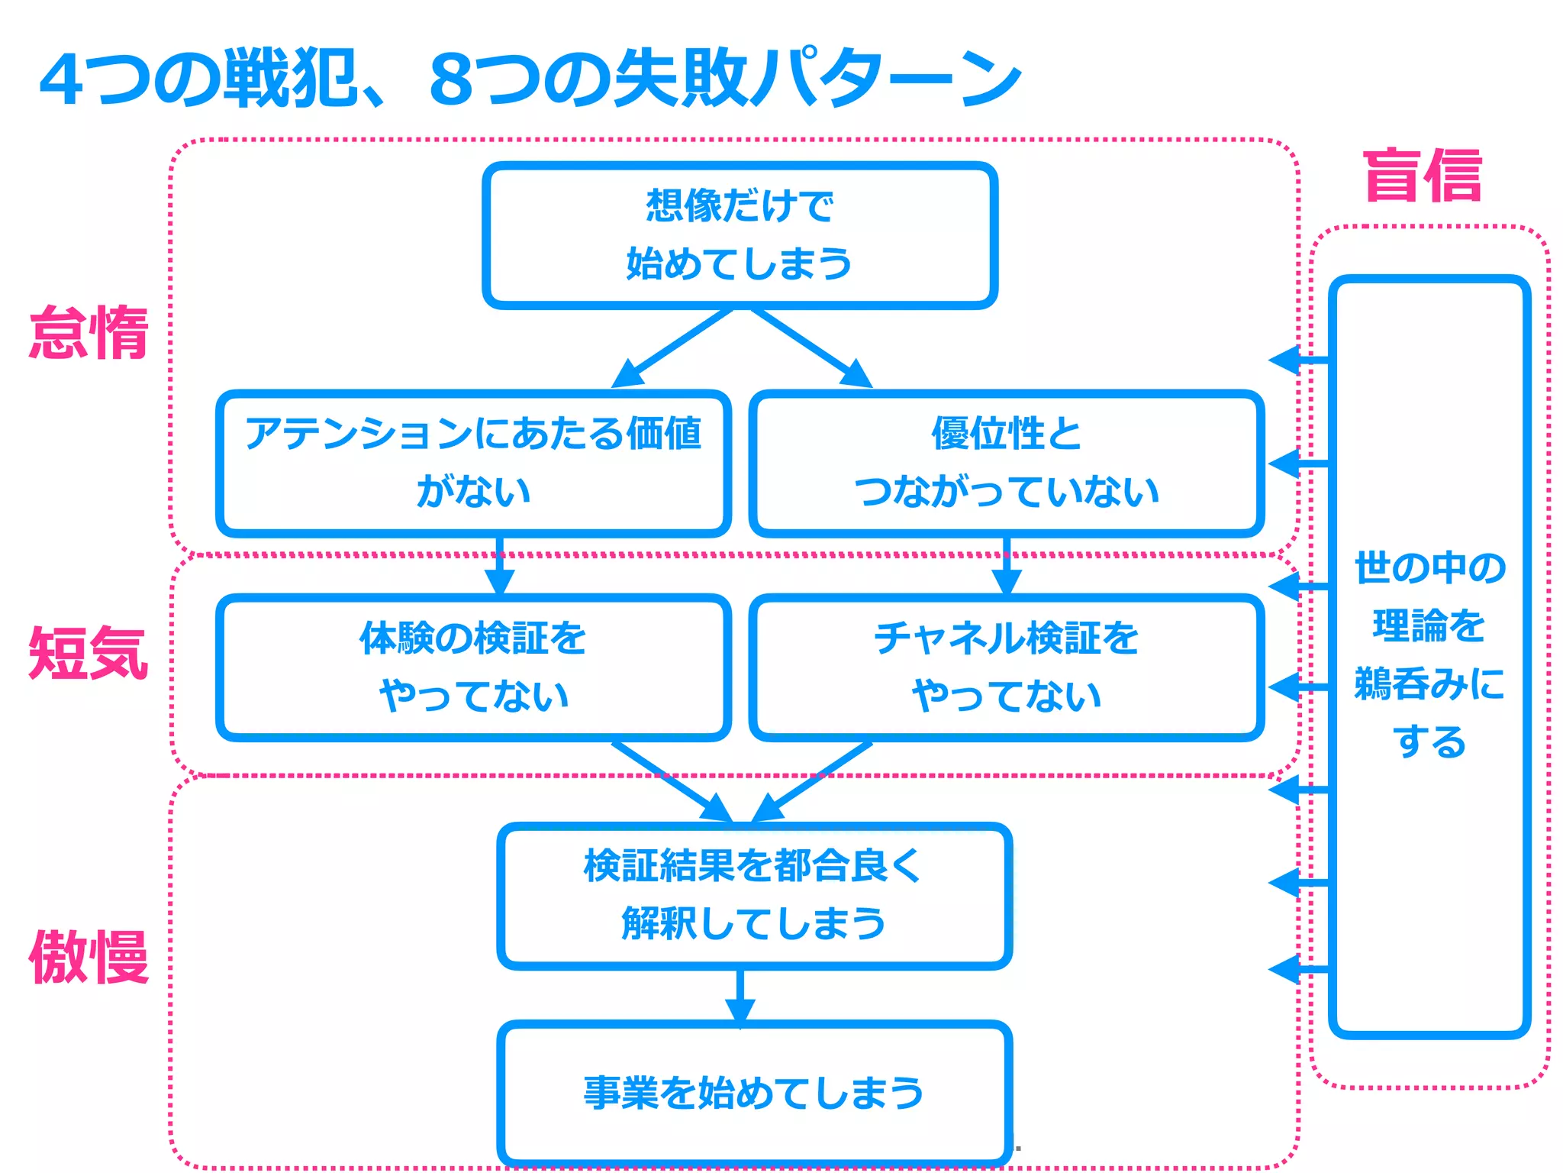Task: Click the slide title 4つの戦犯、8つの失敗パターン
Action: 530,79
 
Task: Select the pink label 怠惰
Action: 89,332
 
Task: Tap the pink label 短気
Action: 89,653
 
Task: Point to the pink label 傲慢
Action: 89,957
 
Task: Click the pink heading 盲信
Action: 1423,176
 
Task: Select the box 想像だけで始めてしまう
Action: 740,235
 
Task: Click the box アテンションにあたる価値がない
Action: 473,463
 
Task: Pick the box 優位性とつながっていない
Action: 1006,463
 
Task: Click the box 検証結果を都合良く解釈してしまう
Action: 754,896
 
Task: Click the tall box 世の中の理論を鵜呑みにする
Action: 1429,655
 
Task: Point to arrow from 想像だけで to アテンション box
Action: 672,349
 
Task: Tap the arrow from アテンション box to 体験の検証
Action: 500,567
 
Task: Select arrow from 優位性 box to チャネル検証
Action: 1007,567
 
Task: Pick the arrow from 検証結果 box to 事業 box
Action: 740,997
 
